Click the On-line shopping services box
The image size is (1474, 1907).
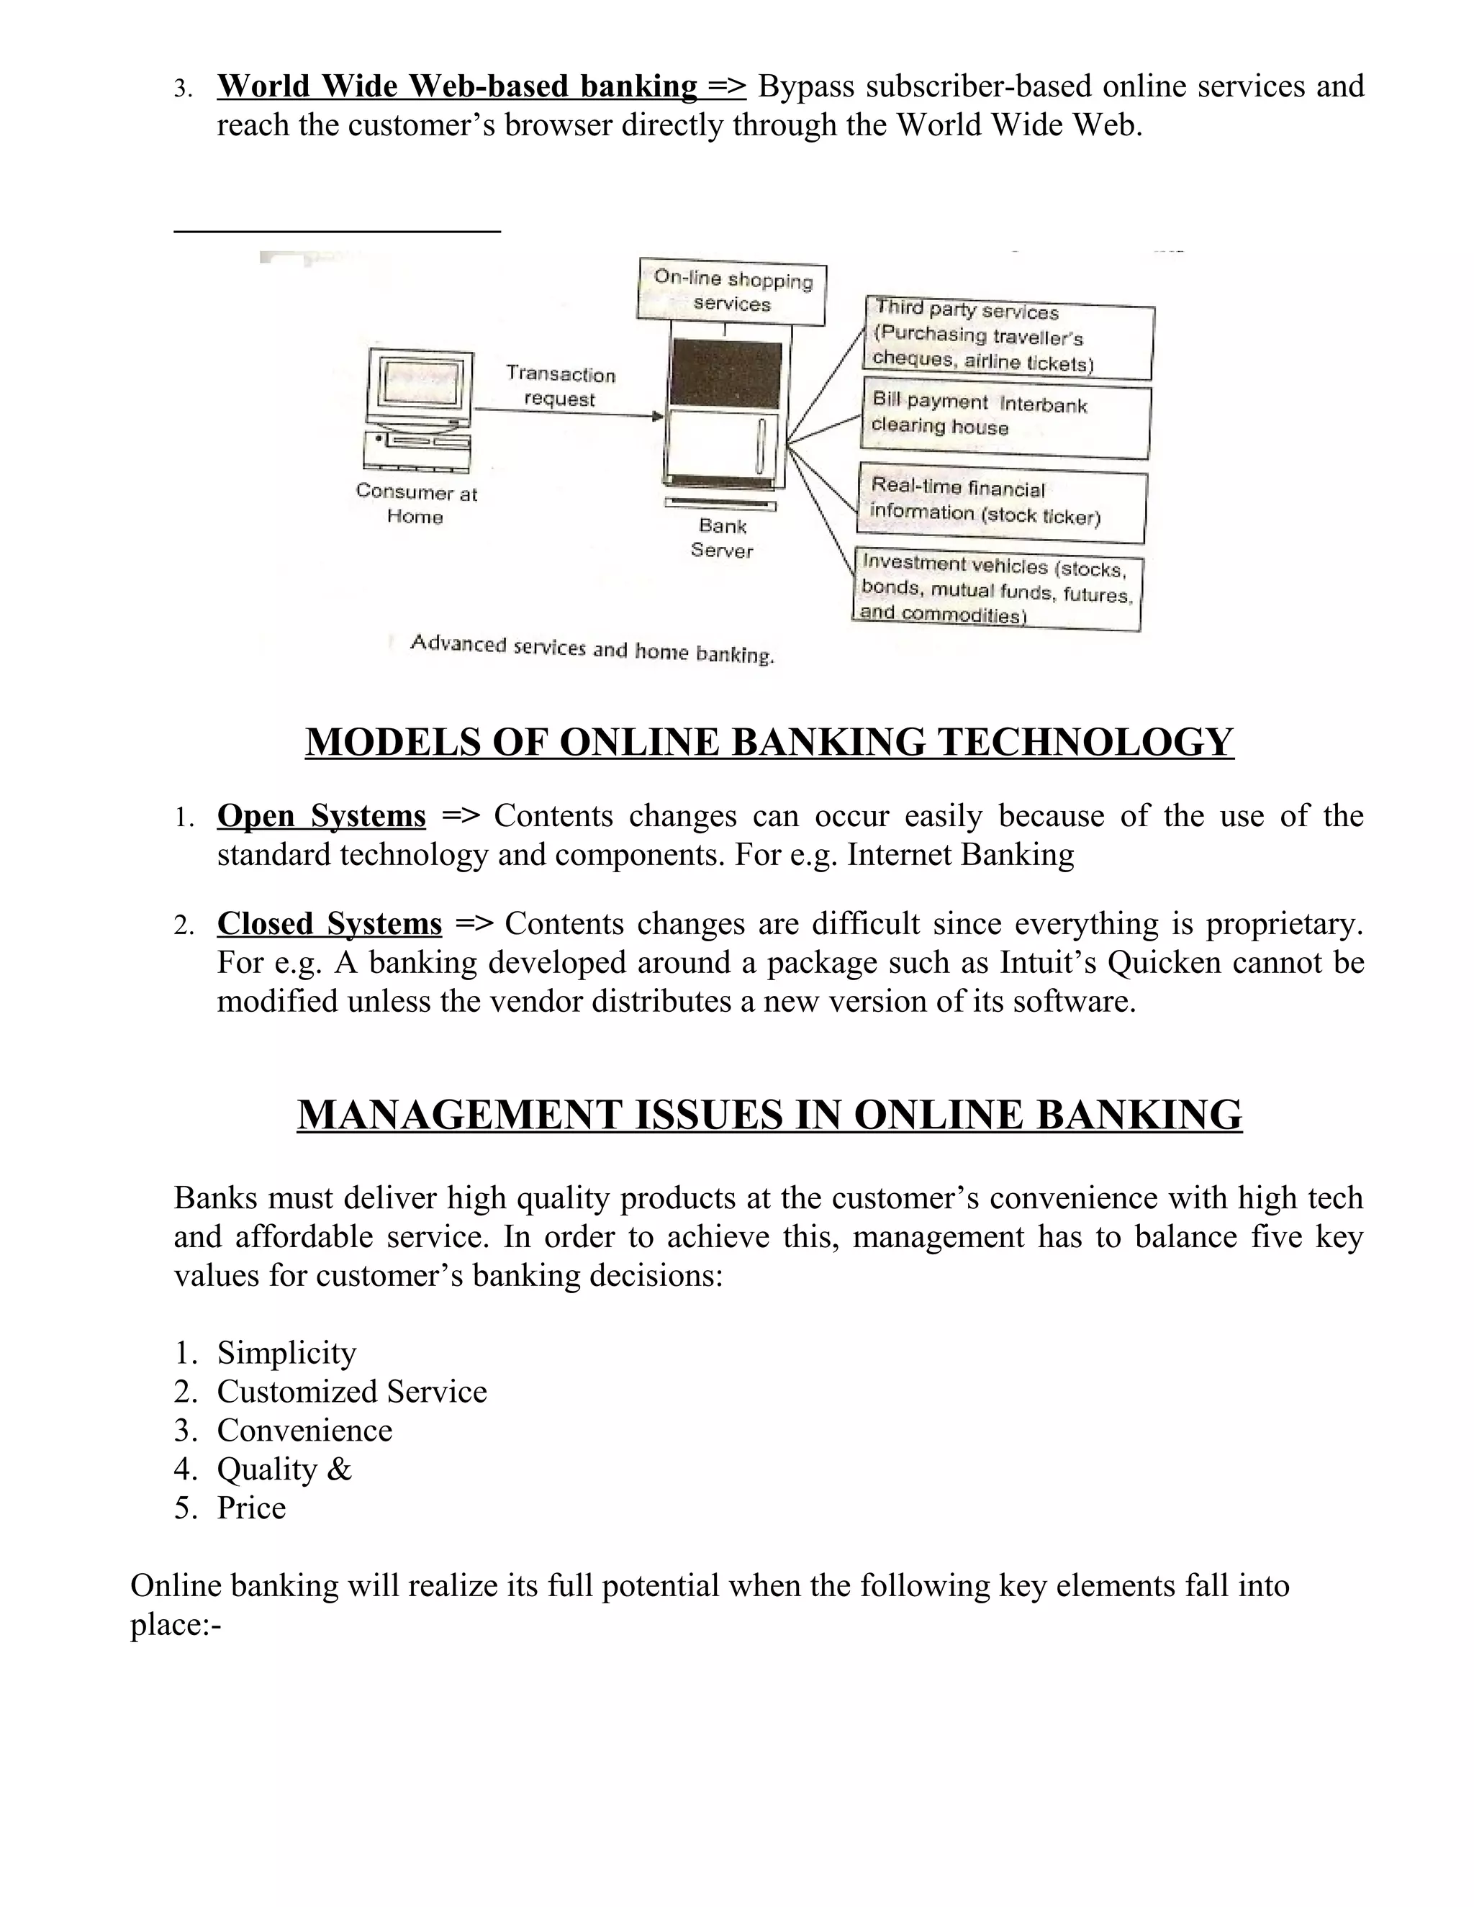click(x=732, y=291)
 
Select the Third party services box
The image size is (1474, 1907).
click(x=1010, y=337)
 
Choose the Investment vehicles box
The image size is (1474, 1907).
click(x=998, y=590)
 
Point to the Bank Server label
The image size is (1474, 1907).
click(x=721, y=538)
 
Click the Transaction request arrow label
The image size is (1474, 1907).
click(x=561, y=386)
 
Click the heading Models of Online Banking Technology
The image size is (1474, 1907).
click(x=769, y=741)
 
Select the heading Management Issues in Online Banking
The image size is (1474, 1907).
click(x=769, y=1115)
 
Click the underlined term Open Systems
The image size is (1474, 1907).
click(x=321, y=815)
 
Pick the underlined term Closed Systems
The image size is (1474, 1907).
click(x=329, y=924)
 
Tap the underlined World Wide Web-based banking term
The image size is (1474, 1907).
click(x=457, y=86)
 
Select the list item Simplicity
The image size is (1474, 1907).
click(x=286, y=1353)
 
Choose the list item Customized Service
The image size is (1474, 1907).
click(x=351, y=1391)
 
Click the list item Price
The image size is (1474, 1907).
click(x=251, y=1508)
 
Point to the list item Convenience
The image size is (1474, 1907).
click(x=304, y=1431)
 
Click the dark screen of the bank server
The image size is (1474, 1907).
click(x=725, y=373)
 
